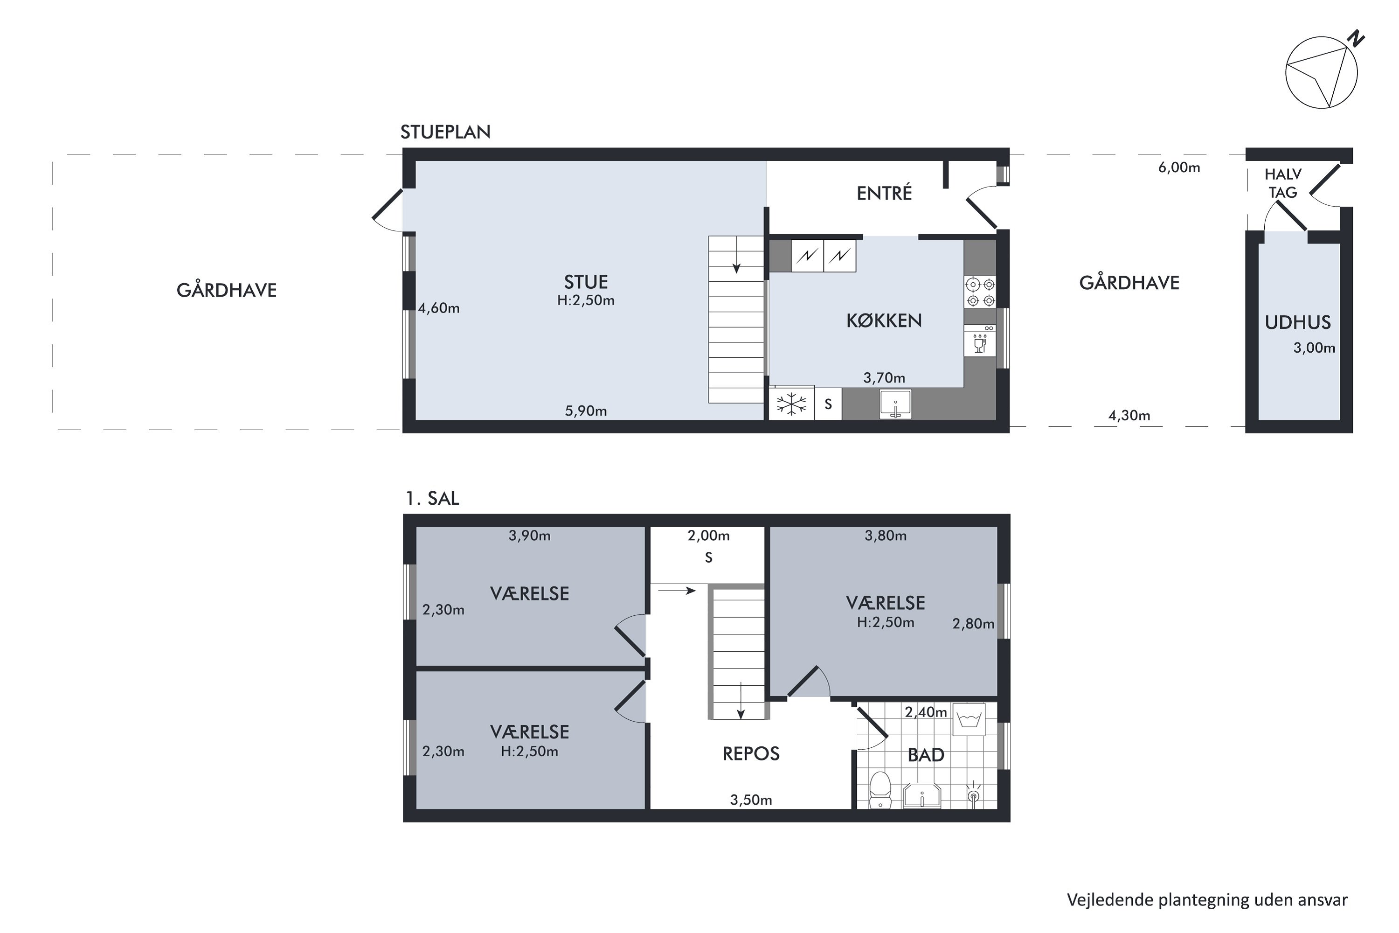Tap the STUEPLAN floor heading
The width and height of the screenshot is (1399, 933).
pos(445,132)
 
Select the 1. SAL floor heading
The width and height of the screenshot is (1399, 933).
pos(432,499)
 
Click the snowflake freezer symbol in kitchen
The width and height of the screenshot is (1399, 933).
pos(791,404)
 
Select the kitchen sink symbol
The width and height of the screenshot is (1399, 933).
pos(895,404)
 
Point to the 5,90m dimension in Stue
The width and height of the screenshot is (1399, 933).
pos(585,411)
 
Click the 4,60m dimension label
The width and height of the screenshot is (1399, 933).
pos(438,308)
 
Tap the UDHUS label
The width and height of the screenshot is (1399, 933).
pos(1297,322)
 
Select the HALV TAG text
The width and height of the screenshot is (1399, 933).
pos(1282,183)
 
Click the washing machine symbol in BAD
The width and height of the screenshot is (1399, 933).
pos(969,720)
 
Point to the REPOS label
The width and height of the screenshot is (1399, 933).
pos(751,754)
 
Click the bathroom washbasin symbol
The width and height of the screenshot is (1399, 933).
pos(922,795)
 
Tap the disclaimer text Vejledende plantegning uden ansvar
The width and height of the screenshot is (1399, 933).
pos(1207,900)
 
